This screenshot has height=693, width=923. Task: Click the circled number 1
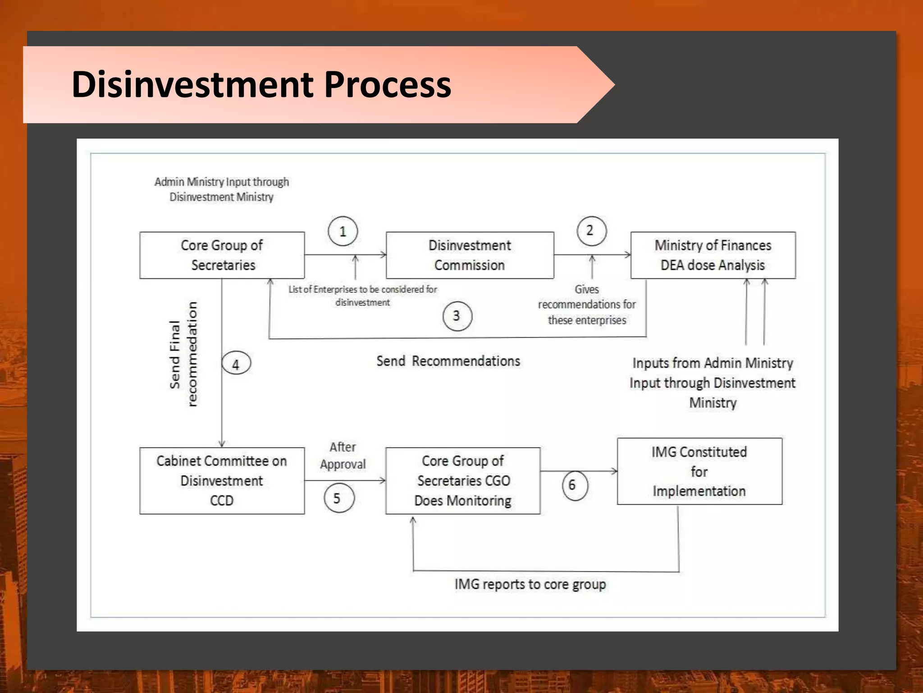[x=343, y=231]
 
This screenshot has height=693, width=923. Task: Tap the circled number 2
[x=591, y=231]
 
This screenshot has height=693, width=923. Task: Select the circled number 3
[x=457, y=316]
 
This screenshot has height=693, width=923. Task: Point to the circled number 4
[x=236, y=364]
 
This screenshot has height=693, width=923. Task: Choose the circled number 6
[x=575, y=485]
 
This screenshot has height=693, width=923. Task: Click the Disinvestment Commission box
[x=470, y=255]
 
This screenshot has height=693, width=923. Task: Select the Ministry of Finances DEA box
[x=713, y=255]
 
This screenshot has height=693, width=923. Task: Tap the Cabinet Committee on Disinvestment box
[x=222, y=480]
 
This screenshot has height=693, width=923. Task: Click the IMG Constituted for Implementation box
[x=699, y=471]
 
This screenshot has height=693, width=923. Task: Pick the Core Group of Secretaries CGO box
[x=463, y=480]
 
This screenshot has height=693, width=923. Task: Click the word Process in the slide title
[x=387, y=84]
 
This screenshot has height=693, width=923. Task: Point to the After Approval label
[x=343, y=456]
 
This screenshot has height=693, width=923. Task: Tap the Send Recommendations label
[x=448, y=361]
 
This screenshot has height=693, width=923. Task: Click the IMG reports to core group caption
[x=530, y=584]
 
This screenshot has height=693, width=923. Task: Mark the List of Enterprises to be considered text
[x=363, y=296]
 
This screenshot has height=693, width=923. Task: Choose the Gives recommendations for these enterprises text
[x=587, y=305]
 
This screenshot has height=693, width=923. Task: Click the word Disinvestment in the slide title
[x=192, y=84]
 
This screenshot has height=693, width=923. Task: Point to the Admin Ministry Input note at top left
[x=221, y=189]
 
